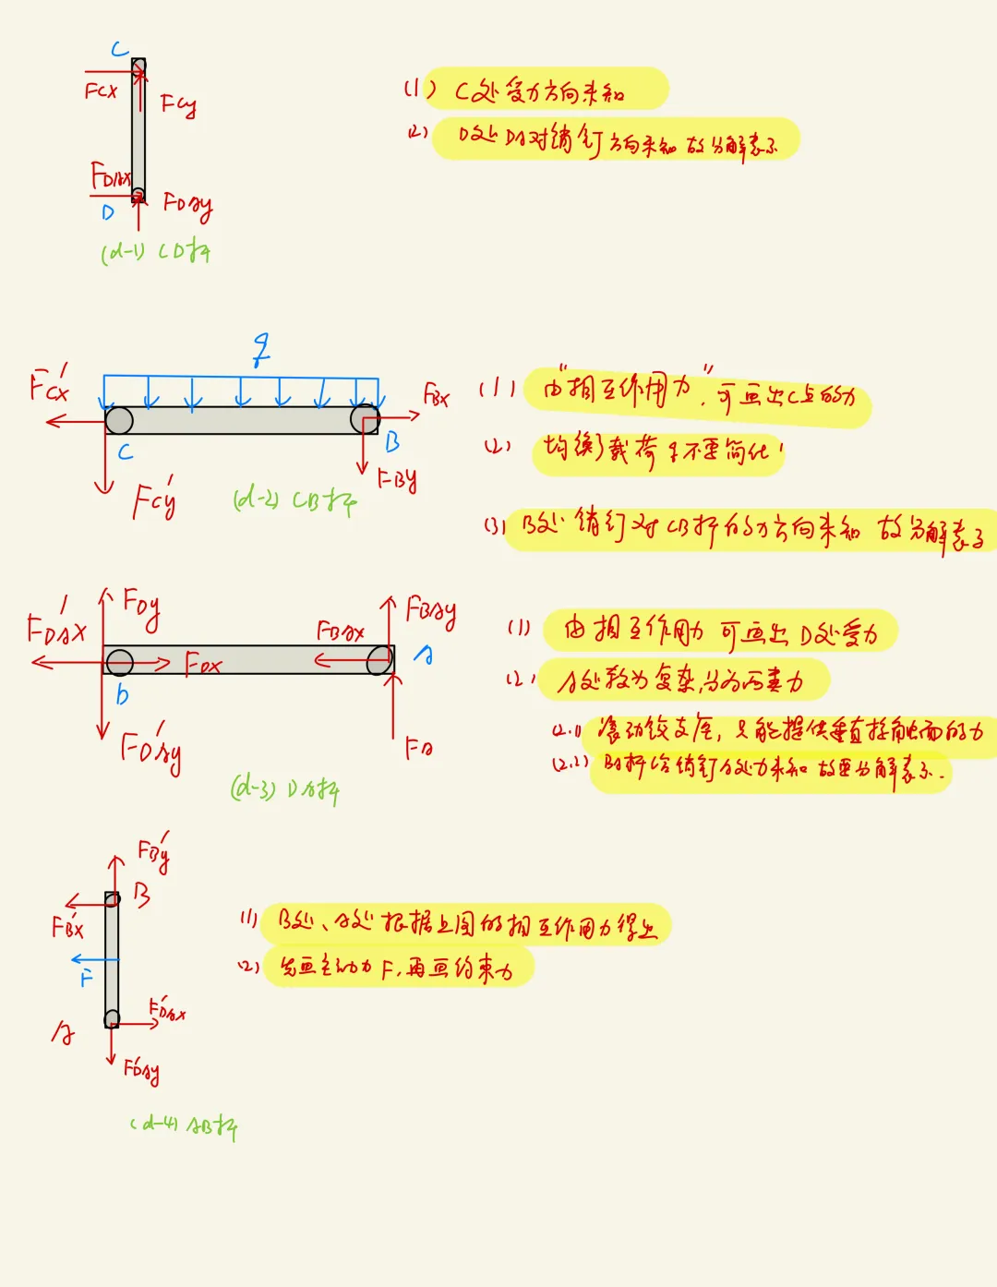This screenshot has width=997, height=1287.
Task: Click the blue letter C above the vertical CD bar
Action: (x=120, y=49)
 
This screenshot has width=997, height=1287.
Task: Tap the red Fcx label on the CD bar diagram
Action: (x=101, y=90)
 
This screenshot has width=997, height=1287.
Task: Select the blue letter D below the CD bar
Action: (x=108, y=212)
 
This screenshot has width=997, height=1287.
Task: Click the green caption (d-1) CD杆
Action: (x=155, y=250)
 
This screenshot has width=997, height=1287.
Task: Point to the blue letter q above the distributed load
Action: (x=262, y=350)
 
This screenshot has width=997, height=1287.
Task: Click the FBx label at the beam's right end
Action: (x=436, y=396)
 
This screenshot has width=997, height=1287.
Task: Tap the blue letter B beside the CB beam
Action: (x=392, y=442)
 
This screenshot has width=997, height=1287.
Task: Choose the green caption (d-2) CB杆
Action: (x=294, y=500)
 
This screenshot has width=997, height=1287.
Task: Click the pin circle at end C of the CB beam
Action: (x=119, y=421)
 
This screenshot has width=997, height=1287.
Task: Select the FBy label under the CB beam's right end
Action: (x=397, y=479)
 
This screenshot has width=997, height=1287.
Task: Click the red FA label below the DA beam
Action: (x=418, y=747)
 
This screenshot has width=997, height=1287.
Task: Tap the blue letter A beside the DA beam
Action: (x=424, y=655)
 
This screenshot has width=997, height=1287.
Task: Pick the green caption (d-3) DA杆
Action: (x=284, y=789)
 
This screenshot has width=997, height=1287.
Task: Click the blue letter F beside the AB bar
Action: (x=86, y=978)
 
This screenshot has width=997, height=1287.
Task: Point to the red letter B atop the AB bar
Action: (x=141, y=894)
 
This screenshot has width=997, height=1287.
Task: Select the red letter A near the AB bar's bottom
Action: (x=63, y=1033)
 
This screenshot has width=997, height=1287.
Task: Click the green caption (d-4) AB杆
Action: (x=185, y=1125)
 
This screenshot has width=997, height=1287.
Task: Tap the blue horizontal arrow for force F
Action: (x=95, y=960)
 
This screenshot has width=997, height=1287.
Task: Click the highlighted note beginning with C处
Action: (x=545, y=90)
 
